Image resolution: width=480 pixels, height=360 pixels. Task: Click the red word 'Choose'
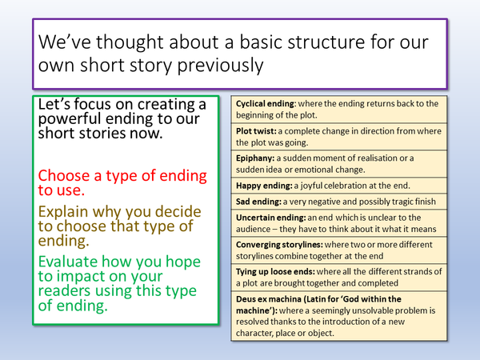click(x=66, y=174)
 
